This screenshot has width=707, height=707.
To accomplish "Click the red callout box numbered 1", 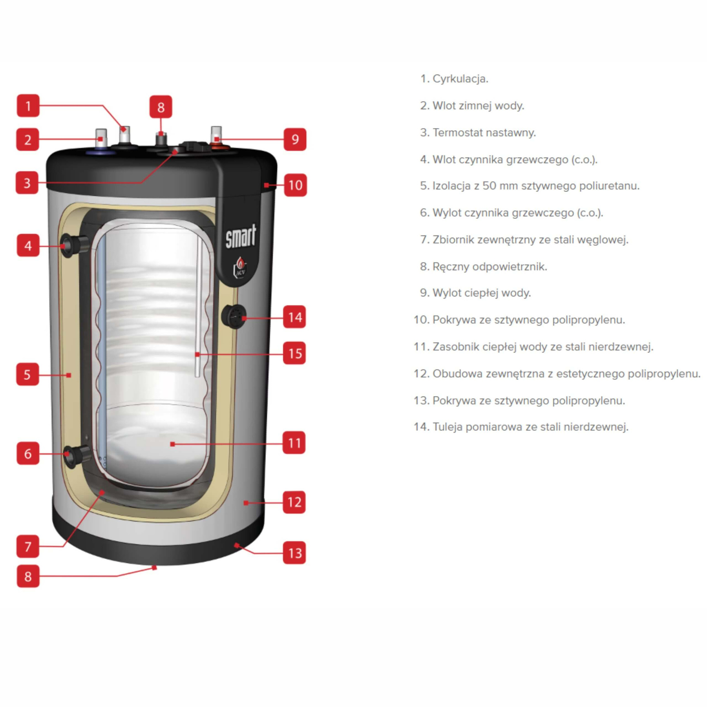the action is coord(28,106).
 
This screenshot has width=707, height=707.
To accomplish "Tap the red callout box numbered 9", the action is coord(295,139).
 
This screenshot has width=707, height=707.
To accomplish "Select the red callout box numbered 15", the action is coord(294,353).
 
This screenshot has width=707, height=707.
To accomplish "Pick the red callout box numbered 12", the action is coord(294,502).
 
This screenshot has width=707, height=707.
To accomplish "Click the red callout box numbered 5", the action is coord(27,374).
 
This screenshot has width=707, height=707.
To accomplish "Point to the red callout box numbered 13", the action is coord(294,552).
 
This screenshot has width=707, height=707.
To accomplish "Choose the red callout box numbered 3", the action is coord(27,182).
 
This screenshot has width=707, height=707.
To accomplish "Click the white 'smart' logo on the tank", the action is coord(241,236).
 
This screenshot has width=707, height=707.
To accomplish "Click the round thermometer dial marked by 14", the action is coord(234,316).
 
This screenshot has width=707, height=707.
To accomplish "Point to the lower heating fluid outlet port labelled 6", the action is coord(76,456).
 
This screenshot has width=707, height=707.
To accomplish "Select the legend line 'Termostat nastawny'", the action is coord(478,133).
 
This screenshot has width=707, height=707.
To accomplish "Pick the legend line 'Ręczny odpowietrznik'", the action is coord(483,266).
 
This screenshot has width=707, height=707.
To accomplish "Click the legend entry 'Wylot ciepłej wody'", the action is coord(475,293).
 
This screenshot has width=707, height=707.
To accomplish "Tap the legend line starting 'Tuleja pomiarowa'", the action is coord(521,427).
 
